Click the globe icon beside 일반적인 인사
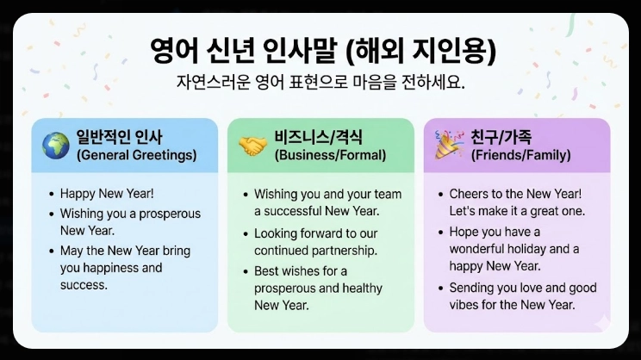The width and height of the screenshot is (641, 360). tap(55, 146)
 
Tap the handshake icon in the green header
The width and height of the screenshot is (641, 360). tap(252, 146)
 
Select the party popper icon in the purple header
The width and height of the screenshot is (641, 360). tap(449, 145)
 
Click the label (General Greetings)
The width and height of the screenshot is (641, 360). tap(136, 156)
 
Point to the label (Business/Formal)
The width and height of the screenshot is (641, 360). tap(330, 156)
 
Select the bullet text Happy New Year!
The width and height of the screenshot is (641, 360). tap(107, 195)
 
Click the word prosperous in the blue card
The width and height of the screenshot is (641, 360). tap(167, 213)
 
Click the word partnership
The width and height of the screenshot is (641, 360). tap(348, 250)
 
